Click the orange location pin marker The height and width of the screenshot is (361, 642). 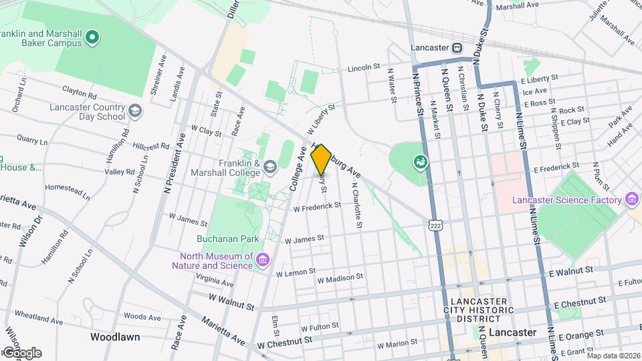(x=321, y=159)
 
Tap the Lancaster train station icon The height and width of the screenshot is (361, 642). (x=457, y=48)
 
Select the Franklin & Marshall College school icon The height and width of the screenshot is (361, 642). (x=270, y=166)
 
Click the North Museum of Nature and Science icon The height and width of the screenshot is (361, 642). (x=262, y=259)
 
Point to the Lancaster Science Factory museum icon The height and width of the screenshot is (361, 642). (x=631, y=199)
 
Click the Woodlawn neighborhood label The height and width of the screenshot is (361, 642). (x=114, y=337)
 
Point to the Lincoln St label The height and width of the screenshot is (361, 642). (x=363, y=68)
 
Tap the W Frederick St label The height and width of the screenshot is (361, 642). (x=318, y=207)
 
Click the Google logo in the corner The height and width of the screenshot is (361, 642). (x=21, y=352)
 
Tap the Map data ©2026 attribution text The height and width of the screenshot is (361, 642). (x=613, y=356)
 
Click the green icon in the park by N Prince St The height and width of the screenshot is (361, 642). (x=420, y=161)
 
